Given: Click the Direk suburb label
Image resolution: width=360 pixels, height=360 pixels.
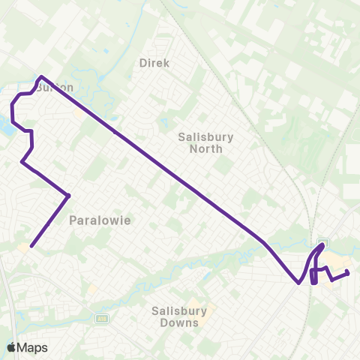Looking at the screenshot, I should [x=155, y=63].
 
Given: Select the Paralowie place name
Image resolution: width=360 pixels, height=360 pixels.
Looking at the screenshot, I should [x=100, y=220].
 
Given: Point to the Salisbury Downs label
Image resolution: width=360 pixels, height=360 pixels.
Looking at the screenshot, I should [x=175, y=316].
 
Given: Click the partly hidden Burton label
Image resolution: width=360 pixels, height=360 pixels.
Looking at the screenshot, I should [x=57, y=88].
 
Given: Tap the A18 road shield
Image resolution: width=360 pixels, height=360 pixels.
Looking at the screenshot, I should [x=101, y=319].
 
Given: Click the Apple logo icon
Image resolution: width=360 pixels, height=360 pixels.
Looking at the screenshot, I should [x=12, y=347].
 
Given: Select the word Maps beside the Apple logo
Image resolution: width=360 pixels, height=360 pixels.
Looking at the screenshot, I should [x=32, y=347].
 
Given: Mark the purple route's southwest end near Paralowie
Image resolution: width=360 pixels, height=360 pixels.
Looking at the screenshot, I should [x=31, y=245].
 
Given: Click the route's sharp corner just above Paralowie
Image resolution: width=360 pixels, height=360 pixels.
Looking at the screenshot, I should [x=68, y=196].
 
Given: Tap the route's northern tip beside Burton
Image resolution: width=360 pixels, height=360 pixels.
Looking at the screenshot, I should [x=41, y=76].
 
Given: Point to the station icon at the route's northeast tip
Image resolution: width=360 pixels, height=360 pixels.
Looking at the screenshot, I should [x=323, y=242].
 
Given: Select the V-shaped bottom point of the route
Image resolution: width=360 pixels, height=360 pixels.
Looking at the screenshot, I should [x=299, y=283].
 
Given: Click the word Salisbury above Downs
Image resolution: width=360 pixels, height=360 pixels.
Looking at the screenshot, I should [x=175, y=310].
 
